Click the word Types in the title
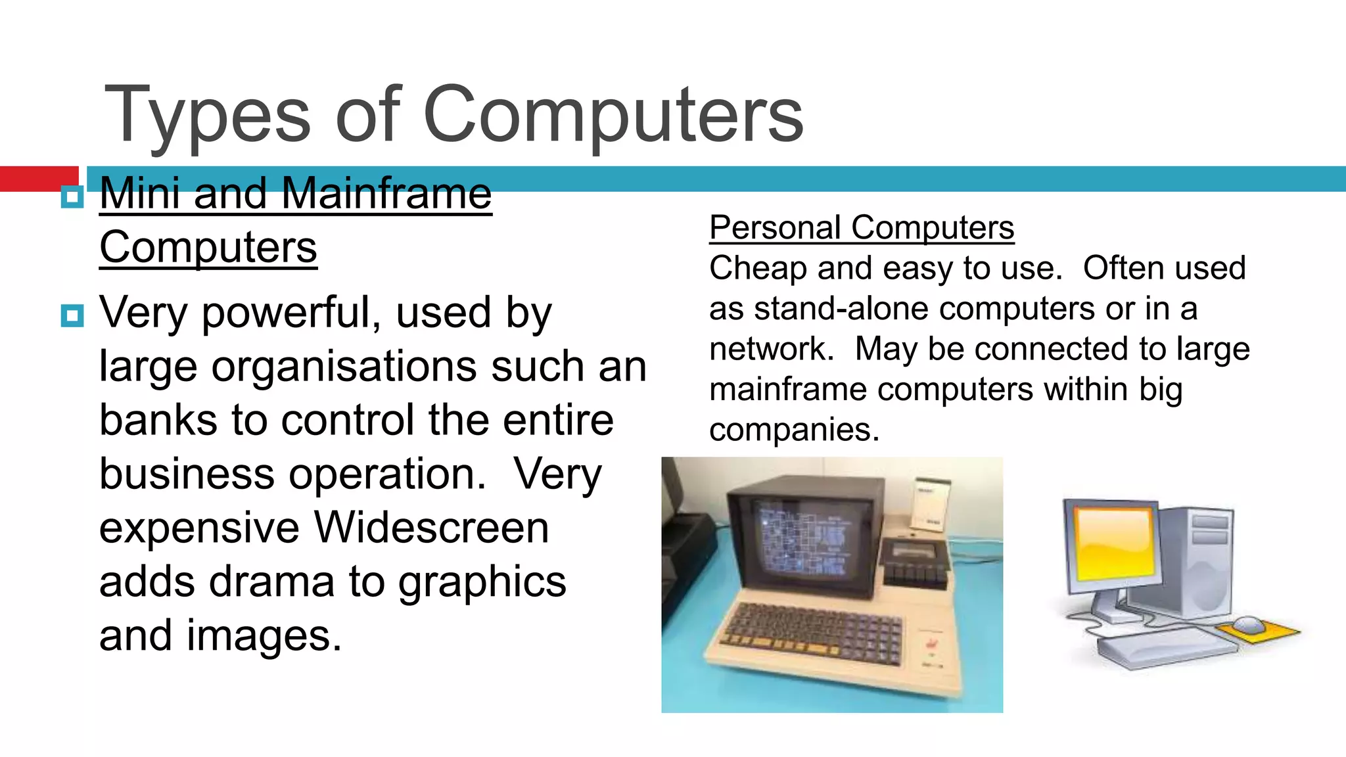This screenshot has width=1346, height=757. tap(207, 115)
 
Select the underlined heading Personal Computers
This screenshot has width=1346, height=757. tap(861, 228)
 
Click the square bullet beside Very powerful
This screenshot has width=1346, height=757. tap(72, 315)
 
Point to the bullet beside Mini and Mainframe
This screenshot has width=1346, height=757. tap(72, 196)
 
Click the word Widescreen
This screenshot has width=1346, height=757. tap(431, 528)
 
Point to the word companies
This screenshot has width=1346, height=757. tap(793, 430)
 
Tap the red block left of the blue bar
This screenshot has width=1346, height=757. tap(39, 177)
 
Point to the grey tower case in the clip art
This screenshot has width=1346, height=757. tap(1196, 559)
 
